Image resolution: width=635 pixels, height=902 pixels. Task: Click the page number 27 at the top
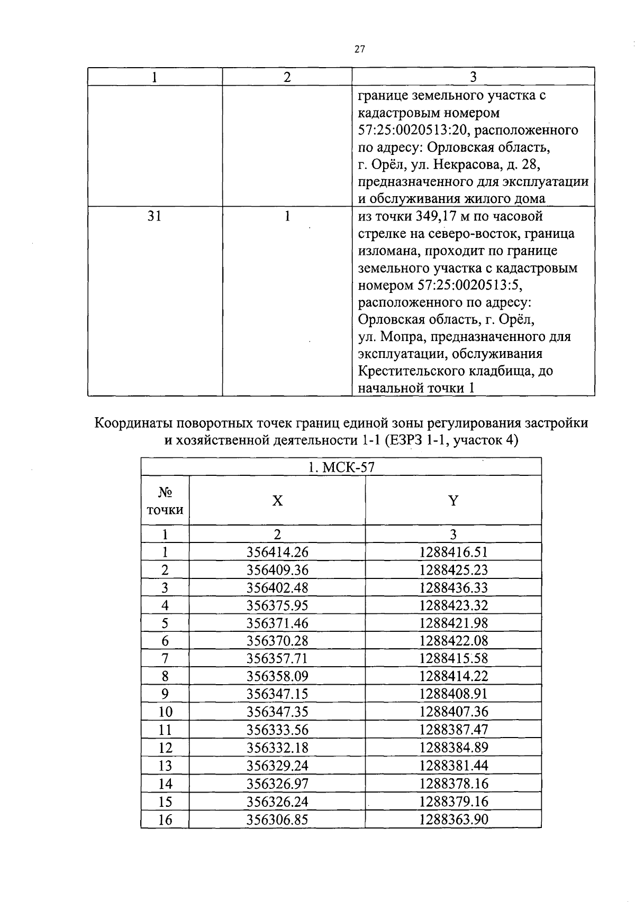pyautogui.click(x=359, y=50)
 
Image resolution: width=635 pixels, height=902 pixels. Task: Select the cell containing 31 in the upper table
pyautogui.click(x=154, y=216)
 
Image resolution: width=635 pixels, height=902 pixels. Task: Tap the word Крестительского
pyautogui.click(x=416, y=371)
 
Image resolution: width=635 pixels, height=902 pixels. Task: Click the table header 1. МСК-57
pyautogui.click(x=341, y=467)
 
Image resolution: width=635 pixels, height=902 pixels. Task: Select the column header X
pyautogui.click(x=277, y=501)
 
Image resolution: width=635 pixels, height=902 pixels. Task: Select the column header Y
pyautogui.click(x=453, y=501)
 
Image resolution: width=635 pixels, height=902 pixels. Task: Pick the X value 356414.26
pyautogui.click(x=277, y=553)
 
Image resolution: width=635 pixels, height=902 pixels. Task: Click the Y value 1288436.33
pyautogui.click(x=453, y=588)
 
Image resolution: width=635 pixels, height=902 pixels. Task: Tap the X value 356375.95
pyautogui.click(x=277, y=605)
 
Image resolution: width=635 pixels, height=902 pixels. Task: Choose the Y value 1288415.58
pyautogui.click(x=453, y=659)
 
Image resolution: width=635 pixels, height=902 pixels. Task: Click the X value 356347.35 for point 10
pyautogui.click(x=277, y=712)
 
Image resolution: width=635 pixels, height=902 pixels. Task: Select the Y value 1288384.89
pyautogui.click(x=453, y=748)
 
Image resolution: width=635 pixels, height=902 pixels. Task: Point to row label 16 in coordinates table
pyautogui.click(x=165, y=820)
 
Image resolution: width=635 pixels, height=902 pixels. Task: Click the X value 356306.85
pyautogui.click(x=277, y=820)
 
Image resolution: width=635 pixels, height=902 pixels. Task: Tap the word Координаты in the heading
pyautogui.click(x=133, y=424)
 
